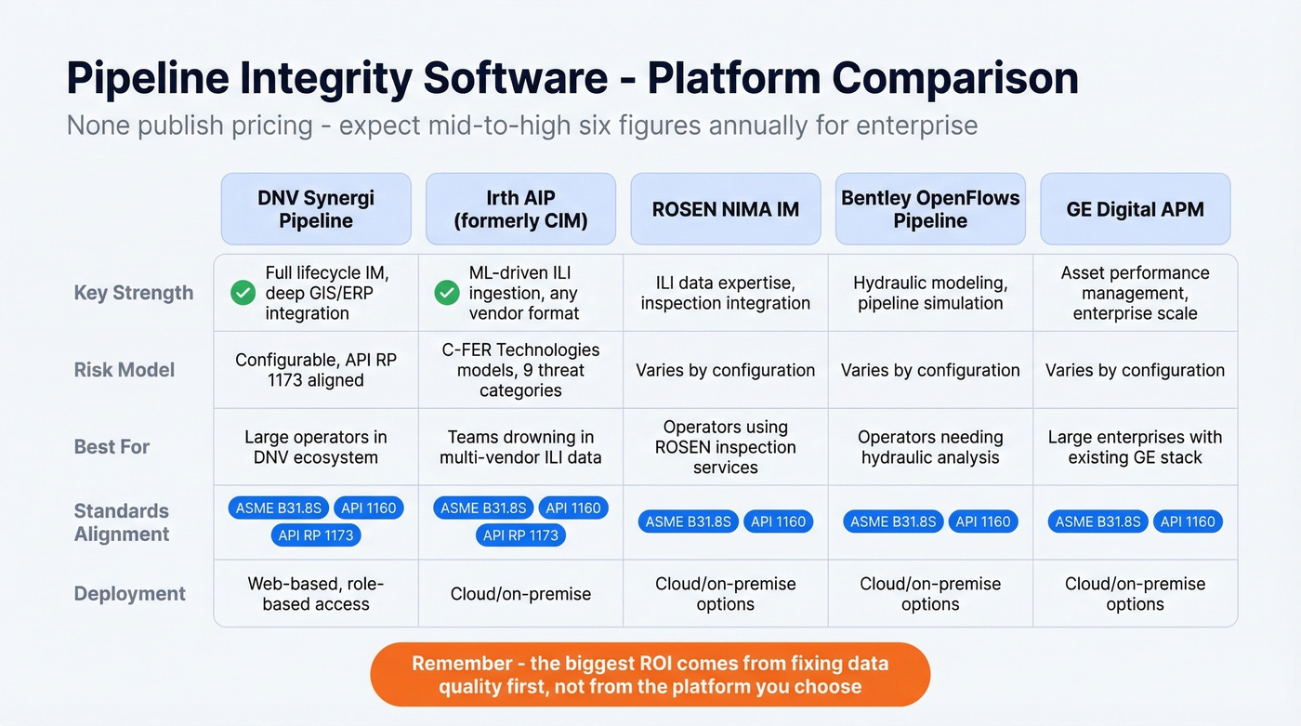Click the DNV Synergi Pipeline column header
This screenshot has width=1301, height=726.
[x=316, y=209]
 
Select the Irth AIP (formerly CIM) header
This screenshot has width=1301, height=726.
[x=520, y=209]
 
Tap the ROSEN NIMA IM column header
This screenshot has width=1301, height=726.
[x=726, y=209]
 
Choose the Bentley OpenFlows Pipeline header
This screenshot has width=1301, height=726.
[x=930, y=209]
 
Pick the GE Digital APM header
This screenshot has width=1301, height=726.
[x=1135, y=209]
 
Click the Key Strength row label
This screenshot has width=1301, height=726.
[x=134, y=293]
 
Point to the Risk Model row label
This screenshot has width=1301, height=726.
[x=125, y=370]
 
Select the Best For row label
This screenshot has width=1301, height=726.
[x=112, y=447]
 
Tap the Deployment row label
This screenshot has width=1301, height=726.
[x=130, y=594]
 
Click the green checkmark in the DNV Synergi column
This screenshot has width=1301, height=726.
[x=243, y=294]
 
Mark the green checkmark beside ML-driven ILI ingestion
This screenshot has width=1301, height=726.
[x=447, y=294]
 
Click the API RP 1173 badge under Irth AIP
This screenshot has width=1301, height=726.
[x=520, y=535]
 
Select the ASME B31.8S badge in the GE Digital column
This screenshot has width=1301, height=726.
[x=1097, y=521]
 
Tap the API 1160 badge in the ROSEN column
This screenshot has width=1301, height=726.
[x=778, y=521]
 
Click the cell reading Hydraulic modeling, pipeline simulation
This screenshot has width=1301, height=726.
[x=930, y=293]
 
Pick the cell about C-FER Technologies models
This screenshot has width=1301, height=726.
[x=520, y=370]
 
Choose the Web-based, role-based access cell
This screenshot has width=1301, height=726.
[x=316, y=594]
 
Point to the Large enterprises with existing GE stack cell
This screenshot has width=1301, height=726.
[x=1135, y=447]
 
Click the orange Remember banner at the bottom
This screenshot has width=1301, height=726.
[x=650, y=675]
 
